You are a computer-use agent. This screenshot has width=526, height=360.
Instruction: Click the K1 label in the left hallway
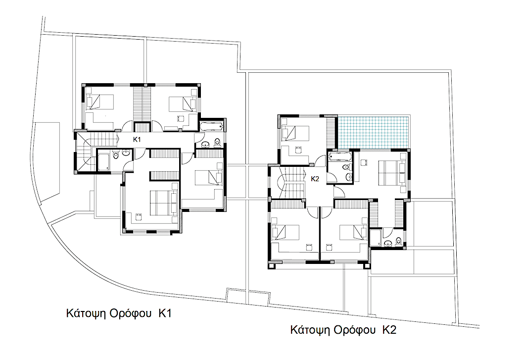(x=137, y=140)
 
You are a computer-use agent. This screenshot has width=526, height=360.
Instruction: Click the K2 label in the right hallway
(x=315, y=179)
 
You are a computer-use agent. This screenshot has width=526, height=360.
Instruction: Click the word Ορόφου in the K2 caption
(x=355, y=330)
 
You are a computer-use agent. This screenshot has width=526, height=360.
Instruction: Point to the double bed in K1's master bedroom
(x=163, y=203)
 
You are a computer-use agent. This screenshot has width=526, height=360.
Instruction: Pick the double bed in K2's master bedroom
(x=392, y=173)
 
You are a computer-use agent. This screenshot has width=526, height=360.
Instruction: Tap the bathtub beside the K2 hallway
(x=340, y=156)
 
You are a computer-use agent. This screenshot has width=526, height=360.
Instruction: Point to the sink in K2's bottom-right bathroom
(x=388, y=243)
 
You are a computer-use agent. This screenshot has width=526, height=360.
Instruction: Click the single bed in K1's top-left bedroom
(x=100, y=102)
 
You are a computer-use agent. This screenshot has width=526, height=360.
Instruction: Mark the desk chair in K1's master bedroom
(x=138, y=216)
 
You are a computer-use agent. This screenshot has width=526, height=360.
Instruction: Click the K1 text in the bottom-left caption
(x=165, y=313)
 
